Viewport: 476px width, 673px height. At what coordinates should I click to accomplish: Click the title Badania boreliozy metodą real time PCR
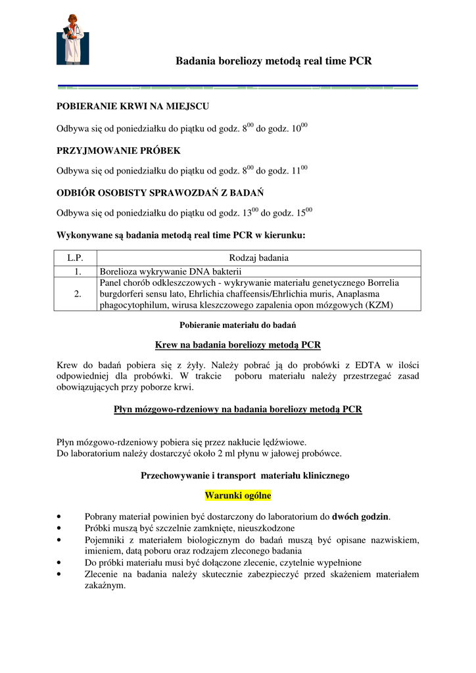[274, 61]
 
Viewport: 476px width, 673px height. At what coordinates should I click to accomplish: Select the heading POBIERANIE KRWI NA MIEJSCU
[133, 106]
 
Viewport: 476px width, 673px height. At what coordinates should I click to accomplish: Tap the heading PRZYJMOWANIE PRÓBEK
[118, 151]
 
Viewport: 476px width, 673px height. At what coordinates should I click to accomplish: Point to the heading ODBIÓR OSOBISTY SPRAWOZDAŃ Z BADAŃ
[160, 193]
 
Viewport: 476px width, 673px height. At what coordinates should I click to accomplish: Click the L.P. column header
[78, 258]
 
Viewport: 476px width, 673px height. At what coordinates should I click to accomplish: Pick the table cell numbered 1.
[78, 271]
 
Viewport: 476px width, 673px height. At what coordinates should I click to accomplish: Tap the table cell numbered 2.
[78, 294]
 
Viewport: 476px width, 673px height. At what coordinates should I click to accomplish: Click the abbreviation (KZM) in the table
[379, 305]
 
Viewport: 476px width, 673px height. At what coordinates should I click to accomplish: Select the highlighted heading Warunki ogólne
[238, 495]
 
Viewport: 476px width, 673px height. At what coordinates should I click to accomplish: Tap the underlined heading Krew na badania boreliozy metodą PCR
[238, 344]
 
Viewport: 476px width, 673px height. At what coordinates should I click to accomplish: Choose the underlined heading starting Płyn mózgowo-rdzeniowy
[238, 409]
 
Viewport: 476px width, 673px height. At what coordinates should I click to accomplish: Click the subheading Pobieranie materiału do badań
[238, 325]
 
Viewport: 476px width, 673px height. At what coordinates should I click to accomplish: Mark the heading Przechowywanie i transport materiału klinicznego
[245, 475]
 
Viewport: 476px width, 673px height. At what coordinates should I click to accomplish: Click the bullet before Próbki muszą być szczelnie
[60, 528]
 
